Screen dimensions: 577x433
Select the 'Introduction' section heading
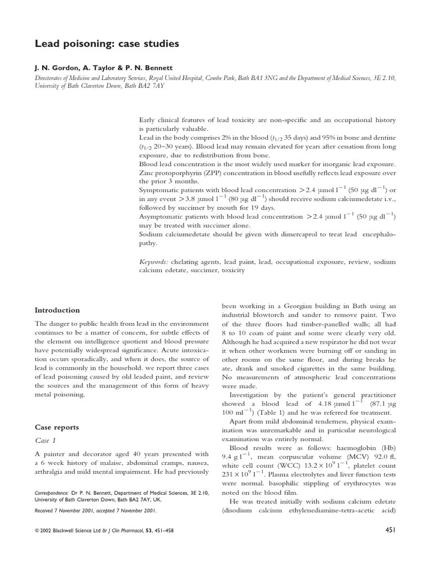pos(57,310)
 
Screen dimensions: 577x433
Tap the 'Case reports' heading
pos(58,427)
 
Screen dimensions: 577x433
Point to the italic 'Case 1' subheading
pos(45,440)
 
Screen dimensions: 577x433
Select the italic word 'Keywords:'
pos(153,262)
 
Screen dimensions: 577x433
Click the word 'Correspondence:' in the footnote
pos(53,492)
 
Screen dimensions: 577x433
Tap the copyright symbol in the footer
pos(37,531)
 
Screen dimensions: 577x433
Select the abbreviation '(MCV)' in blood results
pos(340,458)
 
